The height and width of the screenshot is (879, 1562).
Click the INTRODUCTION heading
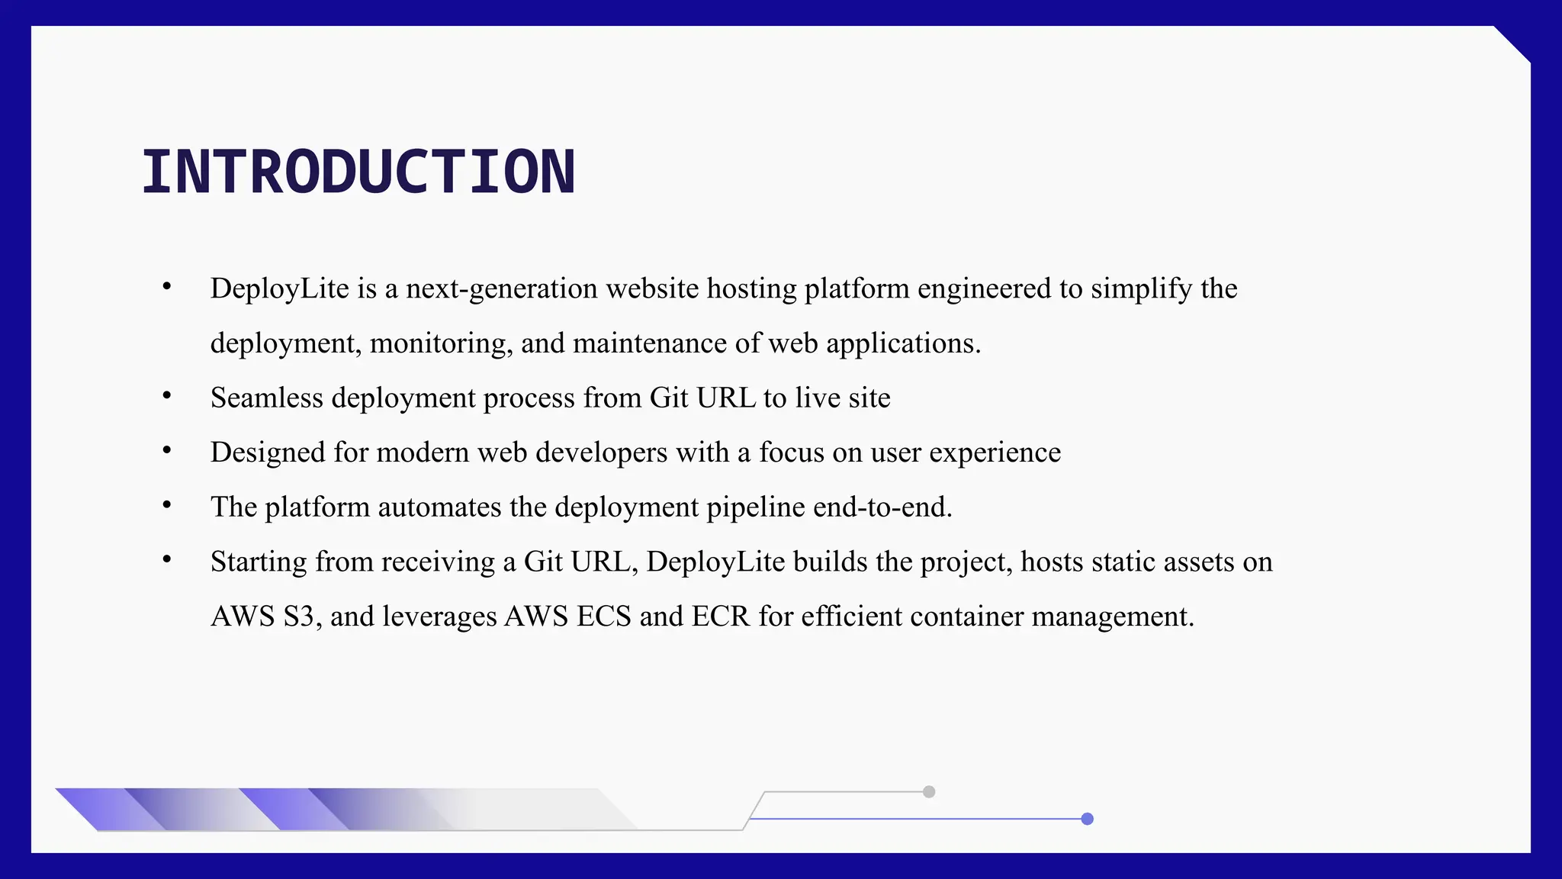point(358,172)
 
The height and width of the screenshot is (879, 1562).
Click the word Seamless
point(266,398)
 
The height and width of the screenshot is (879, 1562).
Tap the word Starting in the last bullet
point(259,562)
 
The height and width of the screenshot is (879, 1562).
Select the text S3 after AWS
point(299,617)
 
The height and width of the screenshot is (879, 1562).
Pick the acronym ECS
point(603,617)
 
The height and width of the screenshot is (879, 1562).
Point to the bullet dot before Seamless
point(166,395)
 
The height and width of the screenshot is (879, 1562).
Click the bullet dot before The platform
point(166,504)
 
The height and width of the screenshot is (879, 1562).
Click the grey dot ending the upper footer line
point(928,792)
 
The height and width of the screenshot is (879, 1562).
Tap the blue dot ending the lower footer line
point(1088,819)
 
